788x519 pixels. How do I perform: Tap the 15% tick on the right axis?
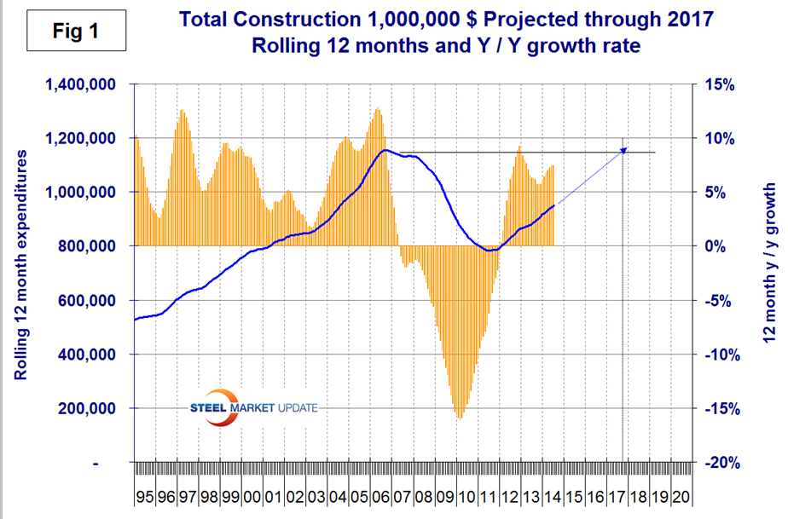pos(717,84)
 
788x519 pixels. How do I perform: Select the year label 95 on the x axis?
pos(143,494)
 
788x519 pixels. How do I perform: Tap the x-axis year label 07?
pos(403,494)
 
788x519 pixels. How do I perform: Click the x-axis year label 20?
pos(681,494)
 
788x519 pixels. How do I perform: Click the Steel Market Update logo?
pos(252,408)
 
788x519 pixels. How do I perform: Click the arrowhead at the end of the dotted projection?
pos(624,149)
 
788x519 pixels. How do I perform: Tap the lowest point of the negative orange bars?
pos(460,418)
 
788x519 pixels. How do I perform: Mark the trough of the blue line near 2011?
pos(489,251)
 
